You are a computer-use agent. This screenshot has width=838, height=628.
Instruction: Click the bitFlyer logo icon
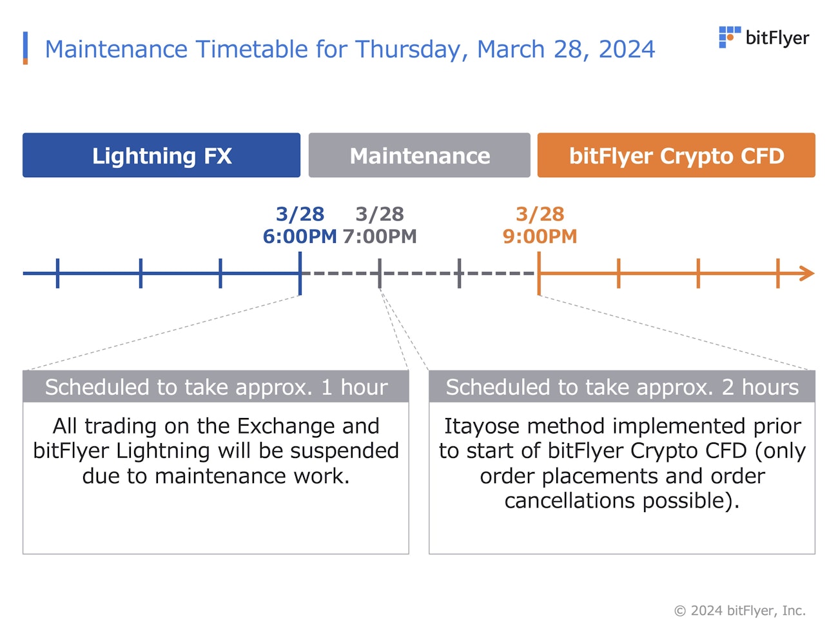(729, 37)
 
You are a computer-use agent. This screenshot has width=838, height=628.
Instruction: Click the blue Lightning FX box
(161, 155)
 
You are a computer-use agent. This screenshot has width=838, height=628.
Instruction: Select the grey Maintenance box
(419, 155)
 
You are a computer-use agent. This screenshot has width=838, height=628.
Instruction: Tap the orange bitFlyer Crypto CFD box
(676, 155)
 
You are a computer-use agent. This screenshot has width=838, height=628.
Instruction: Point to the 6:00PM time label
(300, 236)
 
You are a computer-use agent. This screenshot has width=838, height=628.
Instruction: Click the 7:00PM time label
(380, 236)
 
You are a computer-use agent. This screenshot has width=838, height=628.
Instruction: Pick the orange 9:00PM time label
(540, 236)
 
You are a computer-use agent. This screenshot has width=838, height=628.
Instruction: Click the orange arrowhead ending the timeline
(807, 273)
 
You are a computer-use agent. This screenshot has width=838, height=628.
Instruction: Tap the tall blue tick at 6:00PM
(300, 273)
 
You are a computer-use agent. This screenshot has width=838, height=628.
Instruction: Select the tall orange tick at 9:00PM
(539, 273)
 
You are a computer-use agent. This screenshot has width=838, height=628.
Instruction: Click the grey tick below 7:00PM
(380, 273)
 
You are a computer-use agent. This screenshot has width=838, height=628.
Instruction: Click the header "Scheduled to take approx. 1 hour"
(216, 387)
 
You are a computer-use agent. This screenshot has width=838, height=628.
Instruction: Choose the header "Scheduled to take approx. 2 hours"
(622, 387)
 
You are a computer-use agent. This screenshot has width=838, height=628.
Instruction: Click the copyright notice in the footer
(739, 611)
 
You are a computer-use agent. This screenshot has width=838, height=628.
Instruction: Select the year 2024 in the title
(627, 49)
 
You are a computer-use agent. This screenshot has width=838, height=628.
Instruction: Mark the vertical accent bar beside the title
(26, 48)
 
